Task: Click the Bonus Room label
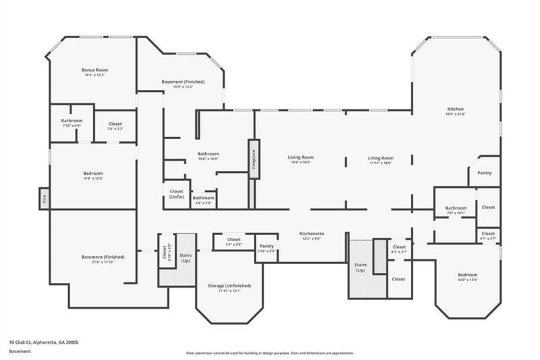pyautogui.click(x=94, y=70)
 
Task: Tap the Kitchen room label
pyautogui.click(x=456, y=109)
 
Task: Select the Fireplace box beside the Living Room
pyautogui.click(x=254, y=159)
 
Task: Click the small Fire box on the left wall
pyautogui.click(x=44, y=199)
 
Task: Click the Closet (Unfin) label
pyautogui.click(x=176, y=194)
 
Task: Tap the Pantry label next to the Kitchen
pyautogui.click(x=484, y=173)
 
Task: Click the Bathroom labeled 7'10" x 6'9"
pyautogui.click(x=72, y=123)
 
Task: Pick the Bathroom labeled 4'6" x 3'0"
pyautogui.click(x=202, y=200)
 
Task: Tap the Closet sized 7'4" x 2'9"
pyautogui.click(x=234, y=241)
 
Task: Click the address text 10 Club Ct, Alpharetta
pyautogui.click(x=44, y=342)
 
